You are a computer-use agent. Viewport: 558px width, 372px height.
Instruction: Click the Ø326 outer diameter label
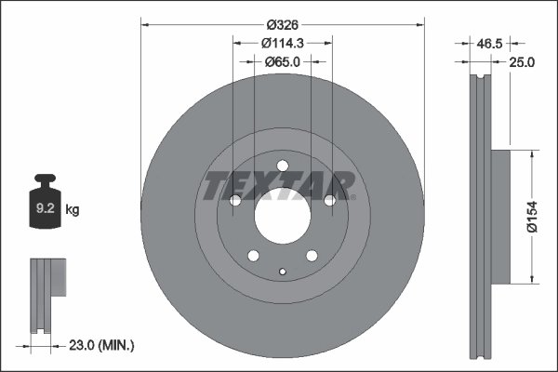[282, 24]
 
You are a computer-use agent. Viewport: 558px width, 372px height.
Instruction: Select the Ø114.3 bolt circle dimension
[283, 42]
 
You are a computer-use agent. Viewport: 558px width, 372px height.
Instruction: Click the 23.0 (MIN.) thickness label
[102, 345]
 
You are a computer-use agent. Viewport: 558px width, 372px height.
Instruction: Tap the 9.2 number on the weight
[44, 210]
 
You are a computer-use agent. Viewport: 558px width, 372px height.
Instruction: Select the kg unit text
[73, 210]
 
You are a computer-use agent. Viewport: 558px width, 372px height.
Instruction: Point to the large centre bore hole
[281, 215]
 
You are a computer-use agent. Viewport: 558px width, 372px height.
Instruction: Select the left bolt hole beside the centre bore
[235, 201]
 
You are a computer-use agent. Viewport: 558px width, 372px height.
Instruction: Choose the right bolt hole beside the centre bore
[328, 200]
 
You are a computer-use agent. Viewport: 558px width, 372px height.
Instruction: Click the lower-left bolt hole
[253, 255]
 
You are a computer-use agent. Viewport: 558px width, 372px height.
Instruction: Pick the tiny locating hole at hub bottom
[282, 272]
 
